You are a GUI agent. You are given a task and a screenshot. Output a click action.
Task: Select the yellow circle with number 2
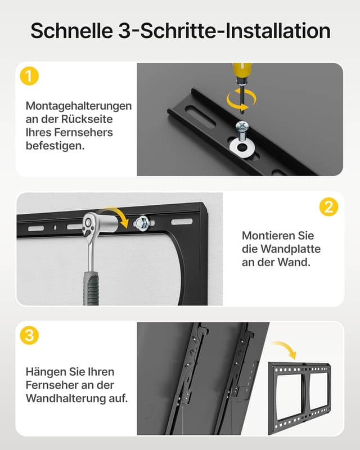pyautogui.click(x=328, y=206)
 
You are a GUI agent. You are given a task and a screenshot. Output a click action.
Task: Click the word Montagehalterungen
pyautogui.click(x=79, y=106)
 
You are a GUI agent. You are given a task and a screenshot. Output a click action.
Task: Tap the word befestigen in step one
pyautogui.click(x=55, y=146)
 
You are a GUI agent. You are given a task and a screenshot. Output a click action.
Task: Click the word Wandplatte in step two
pyautogui.click(x=291, y=249)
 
